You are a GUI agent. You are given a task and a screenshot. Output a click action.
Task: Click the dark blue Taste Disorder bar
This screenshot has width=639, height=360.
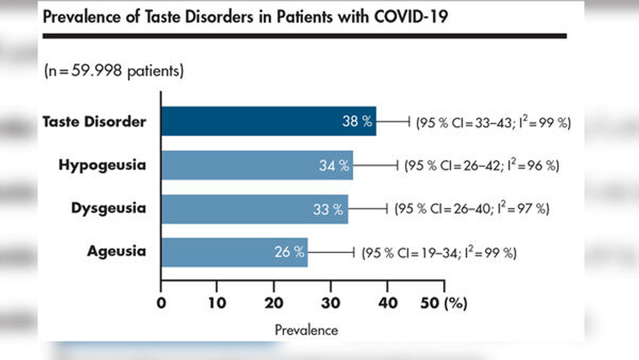[268, 121]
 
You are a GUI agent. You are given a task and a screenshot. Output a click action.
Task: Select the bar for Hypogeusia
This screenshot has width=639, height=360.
[257, 165]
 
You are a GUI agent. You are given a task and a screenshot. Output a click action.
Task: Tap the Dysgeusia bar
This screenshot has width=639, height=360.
[255, 209]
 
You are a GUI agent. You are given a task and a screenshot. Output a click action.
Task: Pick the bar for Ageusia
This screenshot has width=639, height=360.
[235, 253]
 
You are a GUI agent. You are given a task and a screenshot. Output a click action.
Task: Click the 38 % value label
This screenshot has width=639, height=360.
[357, 121]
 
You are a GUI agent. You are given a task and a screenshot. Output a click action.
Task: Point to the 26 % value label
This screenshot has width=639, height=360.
[289, 252]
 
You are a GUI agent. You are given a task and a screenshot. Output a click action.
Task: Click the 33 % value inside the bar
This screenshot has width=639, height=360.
[328, 210]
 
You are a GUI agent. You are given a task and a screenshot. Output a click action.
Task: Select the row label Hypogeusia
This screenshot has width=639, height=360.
[102, 165]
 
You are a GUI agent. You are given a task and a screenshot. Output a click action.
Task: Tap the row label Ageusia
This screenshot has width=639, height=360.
[116, 251]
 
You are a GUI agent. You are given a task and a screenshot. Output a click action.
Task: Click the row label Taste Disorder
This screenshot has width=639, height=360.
[95, 121]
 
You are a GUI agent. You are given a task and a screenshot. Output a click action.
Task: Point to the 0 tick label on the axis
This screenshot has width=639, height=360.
[162, 303]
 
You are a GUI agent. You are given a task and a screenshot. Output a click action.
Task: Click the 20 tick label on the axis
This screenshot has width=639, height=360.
[274, 303]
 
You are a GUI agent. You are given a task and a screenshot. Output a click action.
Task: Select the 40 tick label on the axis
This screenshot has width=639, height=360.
[388, 303]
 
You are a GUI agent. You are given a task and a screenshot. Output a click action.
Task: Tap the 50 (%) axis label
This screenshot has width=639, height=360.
[444, 303]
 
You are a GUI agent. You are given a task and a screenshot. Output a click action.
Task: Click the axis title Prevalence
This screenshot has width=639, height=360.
[307, 330]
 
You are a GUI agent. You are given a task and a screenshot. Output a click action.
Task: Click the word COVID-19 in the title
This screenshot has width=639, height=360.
[411, 17]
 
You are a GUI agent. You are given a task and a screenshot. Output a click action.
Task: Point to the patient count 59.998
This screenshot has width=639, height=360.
[96, 70]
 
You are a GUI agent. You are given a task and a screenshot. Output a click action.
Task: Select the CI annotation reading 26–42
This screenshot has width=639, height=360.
[481, 166]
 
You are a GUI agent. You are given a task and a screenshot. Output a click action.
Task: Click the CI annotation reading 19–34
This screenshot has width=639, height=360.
[440, 253]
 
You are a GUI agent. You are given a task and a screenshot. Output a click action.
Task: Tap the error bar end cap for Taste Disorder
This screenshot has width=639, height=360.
[409, 121]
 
